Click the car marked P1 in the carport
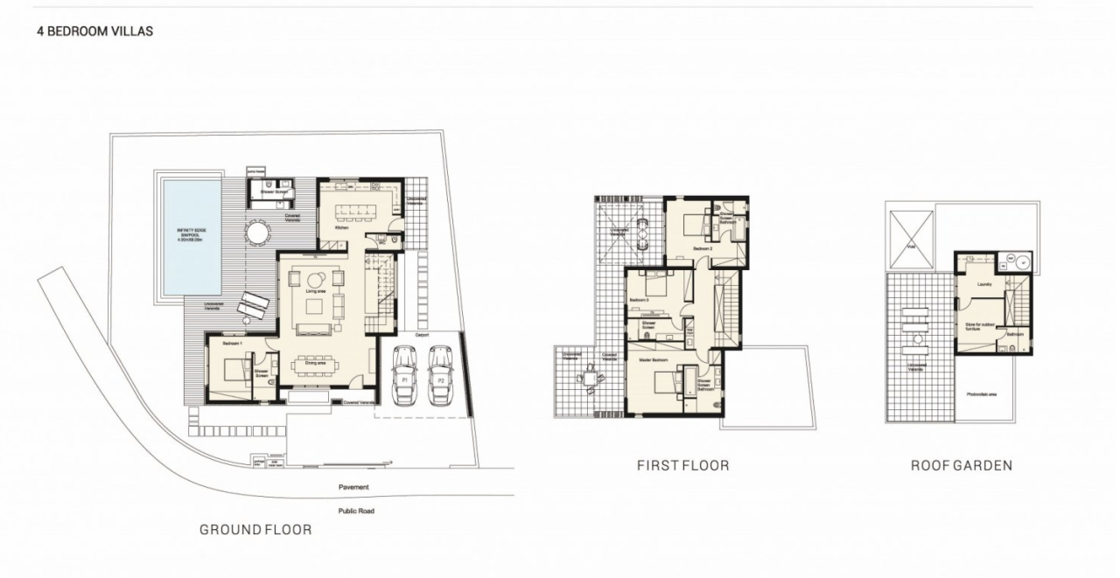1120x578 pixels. click(405, 375)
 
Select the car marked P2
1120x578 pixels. click(440, 375)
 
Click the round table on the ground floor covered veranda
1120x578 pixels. click(257, 233)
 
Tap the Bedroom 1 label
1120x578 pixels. click(232, 344)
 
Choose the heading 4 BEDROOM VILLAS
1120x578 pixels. click(95, 31)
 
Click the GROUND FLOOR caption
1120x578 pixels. click(255, 529)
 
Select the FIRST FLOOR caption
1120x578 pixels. click(682, 465)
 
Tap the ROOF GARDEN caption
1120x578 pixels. click(961, 465)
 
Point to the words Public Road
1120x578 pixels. click(356, 511)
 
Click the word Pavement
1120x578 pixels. click(353, 487)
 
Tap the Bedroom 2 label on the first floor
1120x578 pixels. click(703, 249)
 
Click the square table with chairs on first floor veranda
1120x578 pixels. click(590, 379)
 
